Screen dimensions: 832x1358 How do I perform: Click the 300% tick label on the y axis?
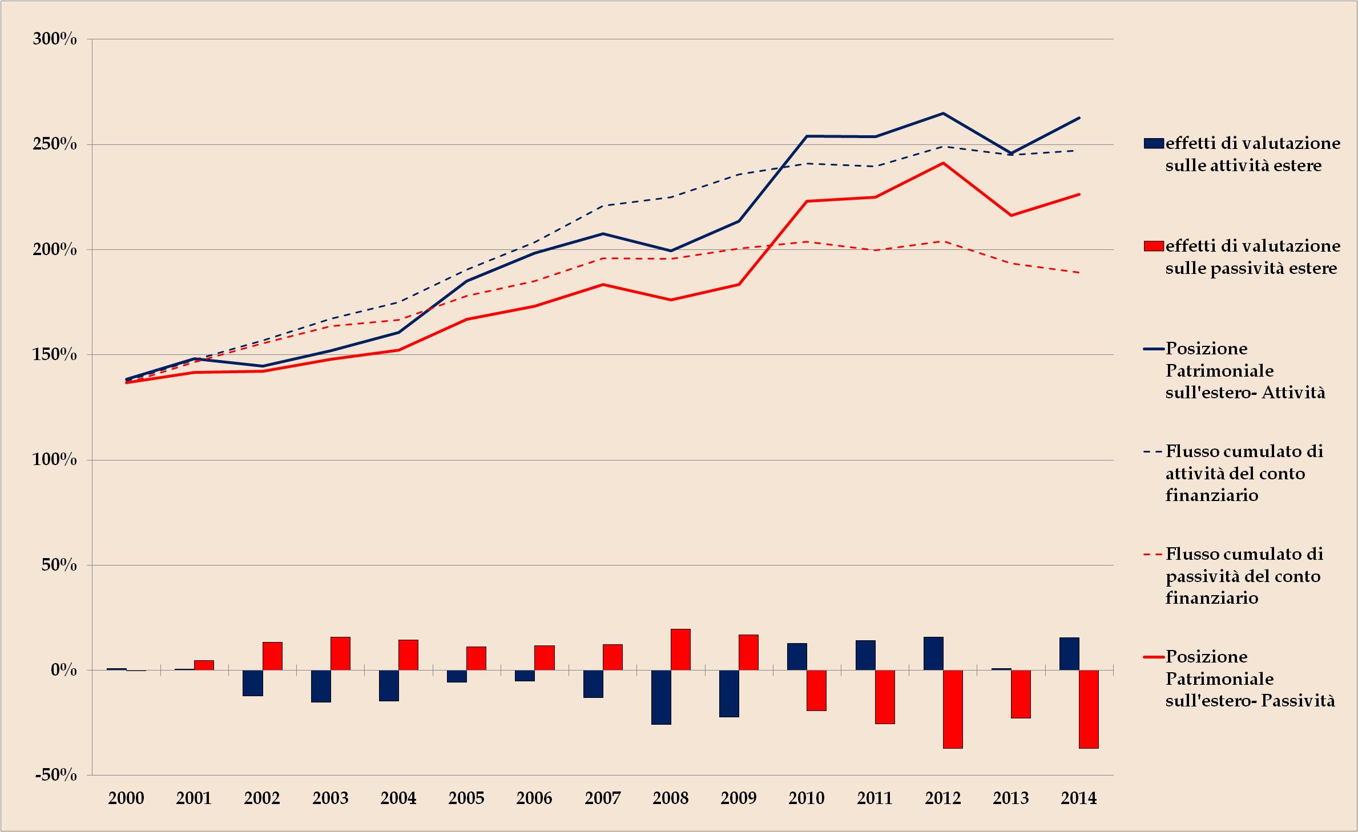click(55, 39)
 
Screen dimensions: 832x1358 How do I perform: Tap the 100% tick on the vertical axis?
click(55, 460)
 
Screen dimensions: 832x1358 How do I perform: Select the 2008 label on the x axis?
click(670, 798)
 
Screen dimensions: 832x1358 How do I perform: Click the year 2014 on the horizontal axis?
click(1078, 798)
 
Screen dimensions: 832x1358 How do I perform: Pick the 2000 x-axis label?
click(126, 798)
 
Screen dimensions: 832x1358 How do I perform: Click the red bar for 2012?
click(953, 709)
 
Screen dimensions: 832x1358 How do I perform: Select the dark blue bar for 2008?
click(661, 697)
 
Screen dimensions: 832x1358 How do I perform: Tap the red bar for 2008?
click(680, 649)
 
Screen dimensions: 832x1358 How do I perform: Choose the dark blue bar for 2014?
click(1069, 654)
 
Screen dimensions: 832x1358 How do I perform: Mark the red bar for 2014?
click(1089, 709)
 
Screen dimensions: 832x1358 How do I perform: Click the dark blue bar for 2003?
click(321, 686)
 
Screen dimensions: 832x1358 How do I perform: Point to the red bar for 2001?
click(204, 665)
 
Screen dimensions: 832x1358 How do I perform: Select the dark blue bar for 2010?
click(797, 657)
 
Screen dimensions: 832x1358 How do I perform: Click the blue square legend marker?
click(1154, 143)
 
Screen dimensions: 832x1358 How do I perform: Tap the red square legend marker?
click(1154, 246)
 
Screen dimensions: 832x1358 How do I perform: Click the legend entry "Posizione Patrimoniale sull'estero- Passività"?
click(1250, 678)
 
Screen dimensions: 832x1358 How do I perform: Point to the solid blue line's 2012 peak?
click(942, 113)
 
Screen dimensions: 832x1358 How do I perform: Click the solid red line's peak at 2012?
click(942, 163)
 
